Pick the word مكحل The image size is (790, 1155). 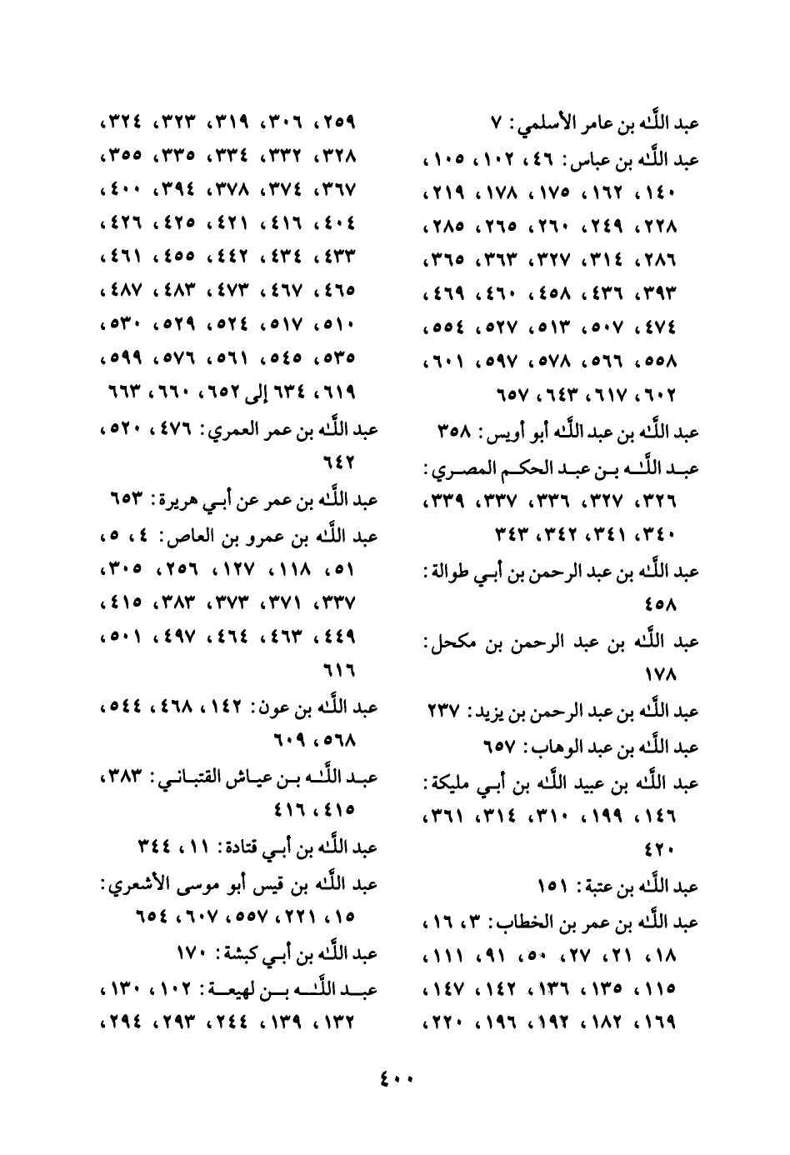450,642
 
